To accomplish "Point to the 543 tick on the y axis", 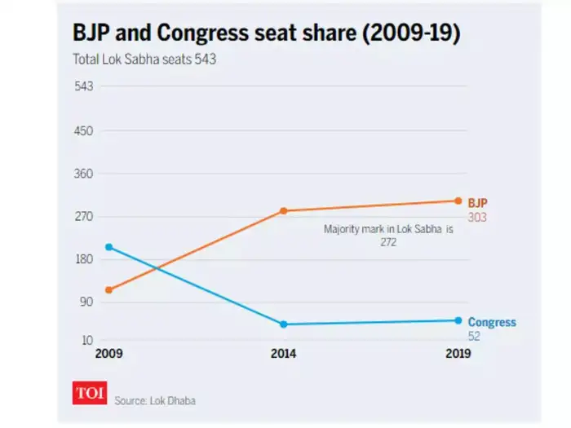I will (85, 87).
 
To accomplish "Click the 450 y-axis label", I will (85, 131).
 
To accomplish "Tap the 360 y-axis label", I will (85, 174).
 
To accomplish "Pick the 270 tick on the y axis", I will (85, 217).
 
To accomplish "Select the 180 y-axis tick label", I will (85, 259).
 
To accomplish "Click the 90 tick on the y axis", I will (87, 302).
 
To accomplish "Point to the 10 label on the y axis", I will (87, 340).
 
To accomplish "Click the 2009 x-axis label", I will (108, 355).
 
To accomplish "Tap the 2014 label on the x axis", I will (284, 355).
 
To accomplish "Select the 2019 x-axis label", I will (458, 355).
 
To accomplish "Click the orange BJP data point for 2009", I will (108, 289).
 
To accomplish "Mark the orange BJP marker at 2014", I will (284, 211).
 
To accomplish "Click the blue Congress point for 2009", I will (108, 247).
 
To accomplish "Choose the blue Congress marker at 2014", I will (284, 324).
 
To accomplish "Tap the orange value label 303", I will (477, 218).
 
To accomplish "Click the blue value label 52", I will (474, 336).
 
